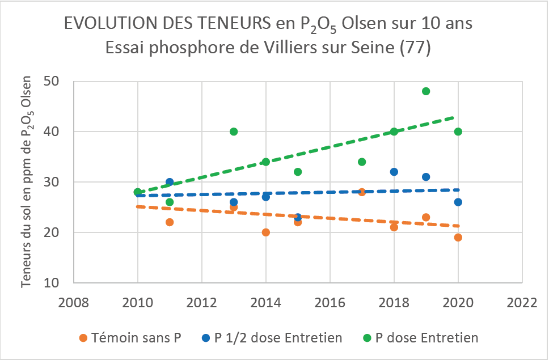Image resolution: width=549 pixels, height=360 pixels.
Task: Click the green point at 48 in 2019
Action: tap(426, 91)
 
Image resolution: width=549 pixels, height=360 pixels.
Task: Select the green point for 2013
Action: tap(234, 132)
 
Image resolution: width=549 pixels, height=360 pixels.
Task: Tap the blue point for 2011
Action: tap(170, 182)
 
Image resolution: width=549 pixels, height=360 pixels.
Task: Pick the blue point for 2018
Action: tap(394, 172)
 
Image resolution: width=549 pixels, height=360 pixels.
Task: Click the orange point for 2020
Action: tap(458, 238)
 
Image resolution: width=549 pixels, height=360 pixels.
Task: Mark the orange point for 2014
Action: tap(266, 232)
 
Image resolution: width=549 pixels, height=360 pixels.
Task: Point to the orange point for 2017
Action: tap(362, 192)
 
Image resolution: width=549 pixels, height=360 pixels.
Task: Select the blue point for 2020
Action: tap(458, 202)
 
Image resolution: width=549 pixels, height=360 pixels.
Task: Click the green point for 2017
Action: tap(362, 162)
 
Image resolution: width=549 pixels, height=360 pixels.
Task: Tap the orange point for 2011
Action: tap(170, 222)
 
